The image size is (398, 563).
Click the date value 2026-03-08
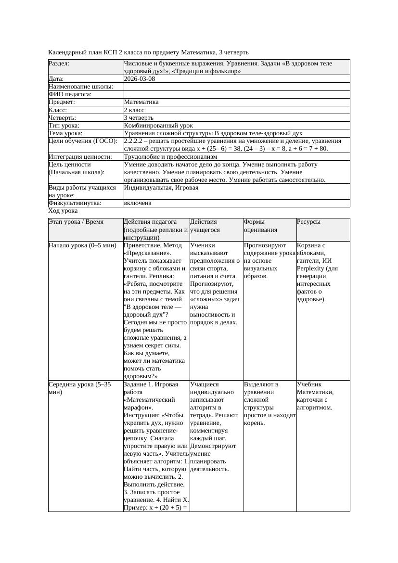140,79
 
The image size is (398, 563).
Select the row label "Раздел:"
59,64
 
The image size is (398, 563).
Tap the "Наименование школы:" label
81,87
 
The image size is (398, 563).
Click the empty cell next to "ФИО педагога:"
236,94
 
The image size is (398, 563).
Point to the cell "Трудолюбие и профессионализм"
170,156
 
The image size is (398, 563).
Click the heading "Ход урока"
63,211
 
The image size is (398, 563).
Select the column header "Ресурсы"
308,222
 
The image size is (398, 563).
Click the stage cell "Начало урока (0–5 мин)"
82,245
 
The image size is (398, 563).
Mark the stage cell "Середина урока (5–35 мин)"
79,388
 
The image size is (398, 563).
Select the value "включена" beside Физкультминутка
137,203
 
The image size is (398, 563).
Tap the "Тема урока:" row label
65,133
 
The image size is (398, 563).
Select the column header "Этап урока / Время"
76,222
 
